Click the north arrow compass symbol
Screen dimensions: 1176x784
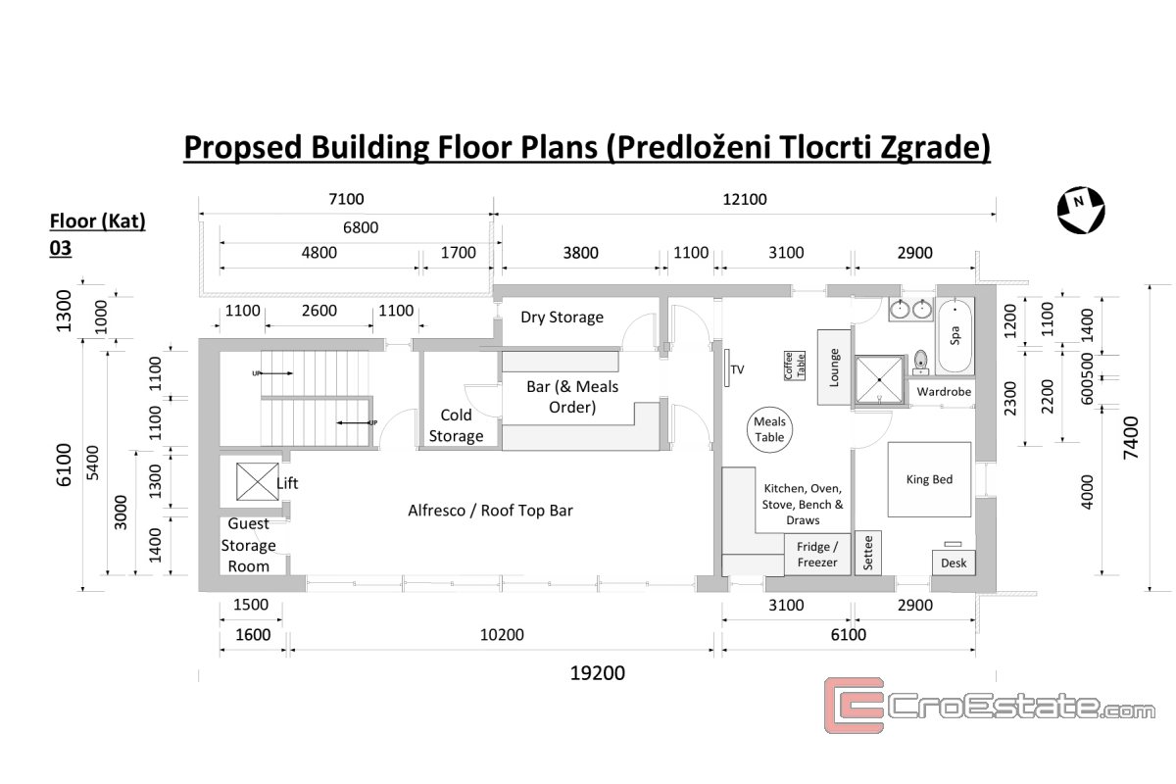(1081, 210)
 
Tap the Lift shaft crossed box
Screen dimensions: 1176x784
(257, 481)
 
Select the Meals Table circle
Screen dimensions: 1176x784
(769, 429)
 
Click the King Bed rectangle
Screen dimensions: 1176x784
(929, 479)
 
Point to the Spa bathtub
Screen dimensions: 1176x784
(955, 335)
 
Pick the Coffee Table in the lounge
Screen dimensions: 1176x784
(795, 366)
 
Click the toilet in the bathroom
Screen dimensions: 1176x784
(920, 363)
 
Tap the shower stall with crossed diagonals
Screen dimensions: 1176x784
(879, 379)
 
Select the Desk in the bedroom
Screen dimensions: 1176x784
(954, 563)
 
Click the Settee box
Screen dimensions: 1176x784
(868, 553)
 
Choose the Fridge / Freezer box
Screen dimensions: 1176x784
(817, 555)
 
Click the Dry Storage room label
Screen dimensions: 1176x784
(562, 318)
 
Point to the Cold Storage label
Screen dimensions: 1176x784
(456, 425)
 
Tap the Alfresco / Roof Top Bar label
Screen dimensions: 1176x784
(490, 511)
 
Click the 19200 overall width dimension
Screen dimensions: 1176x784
(598, 673)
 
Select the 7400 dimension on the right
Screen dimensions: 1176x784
(1131, 438)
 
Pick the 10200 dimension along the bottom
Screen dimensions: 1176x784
(502, 635)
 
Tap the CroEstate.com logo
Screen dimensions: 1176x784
(990, 706)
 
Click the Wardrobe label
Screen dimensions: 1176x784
(944, 392)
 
